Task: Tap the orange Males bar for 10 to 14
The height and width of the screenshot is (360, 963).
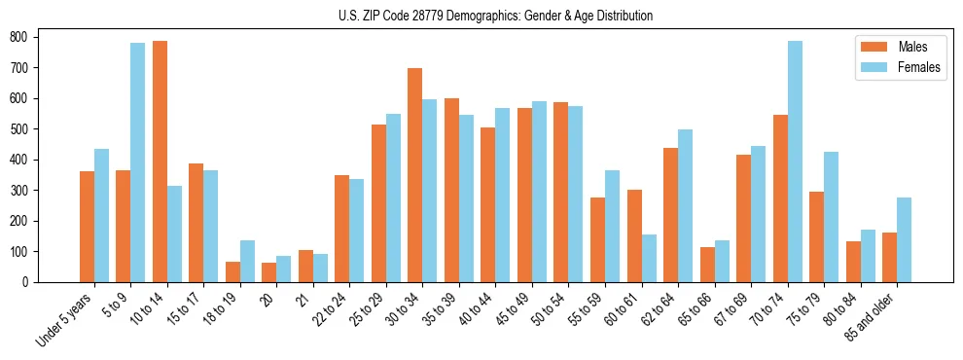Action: coord(160,162)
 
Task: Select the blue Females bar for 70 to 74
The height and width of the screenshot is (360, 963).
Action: coord(795,162)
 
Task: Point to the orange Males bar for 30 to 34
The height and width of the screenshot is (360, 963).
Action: coord(415,175)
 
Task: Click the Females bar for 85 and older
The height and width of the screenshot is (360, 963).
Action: coord(904,239)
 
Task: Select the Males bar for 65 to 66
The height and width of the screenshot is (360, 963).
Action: coord(707,265)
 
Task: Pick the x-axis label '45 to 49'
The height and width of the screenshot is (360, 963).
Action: coord(514,311)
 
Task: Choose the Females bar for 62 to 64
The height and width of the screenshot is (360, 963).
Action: coord(685,205)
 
